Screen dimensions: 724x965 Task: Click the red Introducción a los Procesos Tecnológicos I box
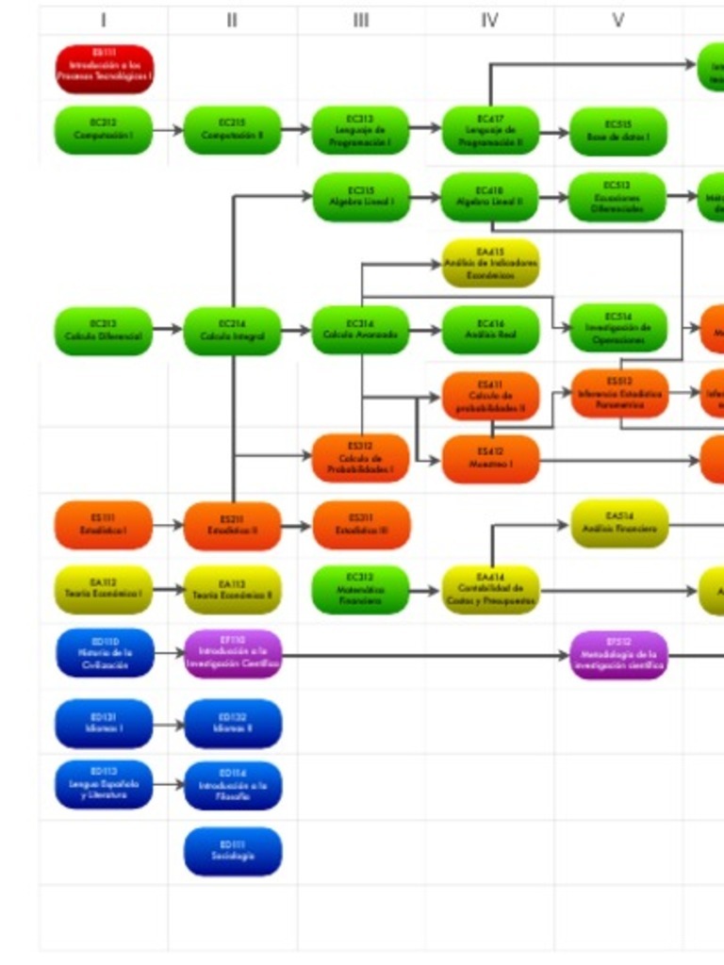click(x=104, y=70)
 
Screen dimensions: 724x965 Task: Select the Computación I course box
click(x=104, y=130)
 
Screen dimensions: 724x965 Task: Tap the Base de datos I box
click(x=618, y=131)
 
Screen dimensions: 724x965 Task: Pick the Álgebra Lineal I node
click(x=361, y=197)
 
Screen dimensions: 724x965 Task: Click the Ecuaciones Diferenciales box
click(x=618, y=197)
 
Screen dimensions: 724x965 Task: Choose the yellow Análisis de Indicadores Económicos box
click(x=490, y=264)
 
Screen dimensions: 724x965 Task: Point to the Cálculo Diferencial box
click(x=104, y=331)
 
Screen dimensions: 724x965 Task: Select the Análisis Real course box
click(x=490, y=330)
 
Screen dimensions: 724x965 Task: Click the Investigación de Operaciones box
click(x=618, y=328)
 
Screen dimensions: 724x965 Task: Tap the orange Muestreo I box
click(x=490, y=459)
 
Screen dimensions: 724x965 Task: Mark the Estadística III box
click(x=361, y=525)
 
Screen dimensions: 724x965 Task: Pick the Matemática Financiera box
click(x=361, y=590)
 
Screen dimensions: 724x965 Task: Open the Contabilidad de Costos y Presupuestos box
click(x=490, y=590)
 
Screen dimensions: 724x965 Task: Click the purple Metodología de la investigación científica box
click(x=618, y=655)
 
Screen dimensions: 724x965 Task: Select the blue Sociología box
click(x=233, y=851)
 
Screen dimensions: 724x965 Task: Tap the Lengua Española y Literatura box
click(x=104, y=784)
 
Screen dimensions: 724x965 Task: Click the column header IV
click(x=489, y=20)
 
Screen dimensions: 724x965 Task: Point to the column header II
click(x=232, y=20)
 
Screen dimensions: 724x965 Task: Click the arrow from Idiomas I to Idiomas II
click(x=168, y=726)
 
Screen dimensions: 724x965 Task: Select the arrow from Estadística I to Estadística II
click(x=168, y=525)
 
